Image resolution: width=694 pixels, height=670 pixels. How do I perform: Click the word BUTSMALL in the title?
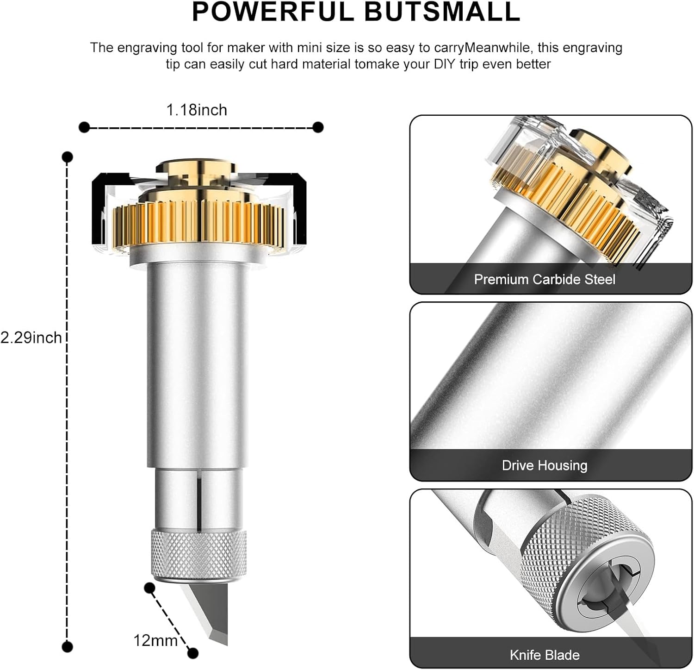pyautogui.click(x=442, y=12)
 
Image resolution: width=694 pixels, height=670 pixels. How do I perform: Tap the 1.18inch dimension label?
pyautogui.click(x=197, y=110)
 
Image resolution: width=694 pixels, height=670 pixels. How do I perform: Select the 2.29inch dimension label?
pyautogui.click(x=31, y=338)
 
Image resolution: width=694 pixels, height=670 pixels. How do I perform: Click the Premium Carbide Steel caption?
pyautogui.click(x=545, y=280)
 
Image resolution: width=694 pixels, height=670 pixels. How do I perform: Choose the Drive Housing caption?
pyautogui.click(x=545, y=465)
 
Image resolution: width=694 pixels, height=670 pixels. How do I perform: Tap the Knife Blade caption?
pyautogui.click(x=545, y=655)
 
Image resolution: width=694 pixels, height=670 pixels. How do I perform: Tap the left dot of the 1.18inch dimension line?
pyautogui.click(x=84, y=127)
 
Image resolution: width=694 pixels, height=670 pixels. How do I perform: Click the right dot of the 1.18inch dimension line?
pyautogui.click(x=318, y=127)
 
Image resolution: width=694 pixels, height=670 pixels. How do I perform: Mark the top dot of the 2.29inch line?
pyautogui.click(x=68, y=157)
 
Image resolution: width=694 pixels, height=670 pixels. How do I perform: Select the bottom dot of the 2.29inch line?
pyautogui.click(x=68, y=646)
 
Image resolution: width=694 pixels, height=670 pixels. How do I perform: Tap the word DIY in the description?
pyautogui.click(x=445, y=64)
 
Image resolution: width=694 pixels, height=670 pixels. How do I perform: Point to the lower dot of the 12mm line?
pyautogui.click(x=193, y=653)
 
